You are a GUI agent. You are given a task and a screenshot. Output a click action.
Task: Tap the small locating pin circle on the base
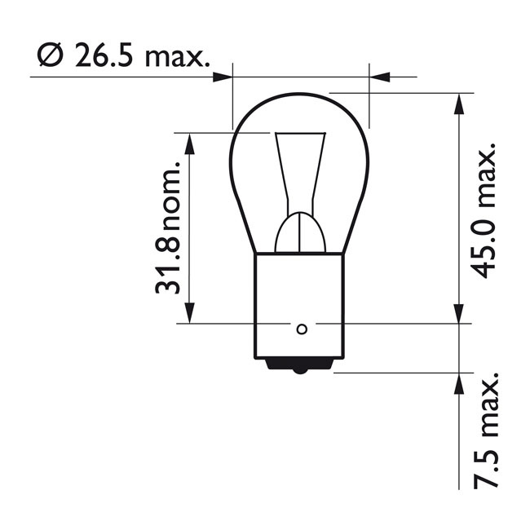click(301, 329)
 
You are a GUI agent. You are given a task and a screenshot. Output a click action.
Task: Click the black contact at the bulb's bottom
click(301, 368)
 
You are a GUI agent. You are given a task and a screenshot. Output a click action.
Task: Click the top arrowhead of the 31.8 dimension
click(190, 144)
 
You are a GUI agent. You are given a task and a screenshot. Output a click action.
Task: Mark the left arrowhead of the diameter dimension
click(222, 77)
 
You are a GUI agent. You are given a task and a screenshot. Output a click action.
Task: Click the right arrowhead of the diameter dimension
click(380, 77)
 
